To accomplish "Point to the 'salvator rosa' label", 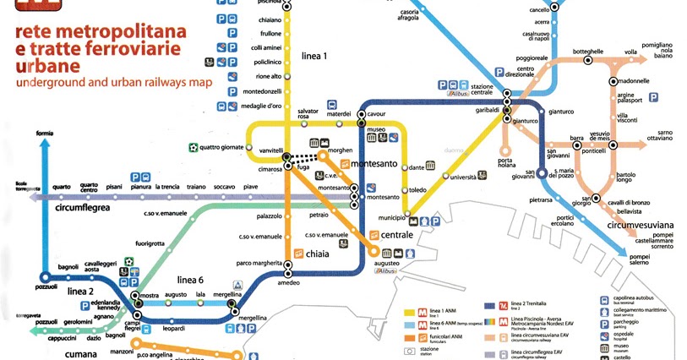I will click(308, 115).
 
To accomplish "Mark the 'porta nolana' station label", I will click(506, 163).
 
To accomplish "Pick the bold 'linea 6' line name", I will click(191, 280).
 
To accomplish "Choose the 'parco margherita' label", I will click(259, 261).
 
